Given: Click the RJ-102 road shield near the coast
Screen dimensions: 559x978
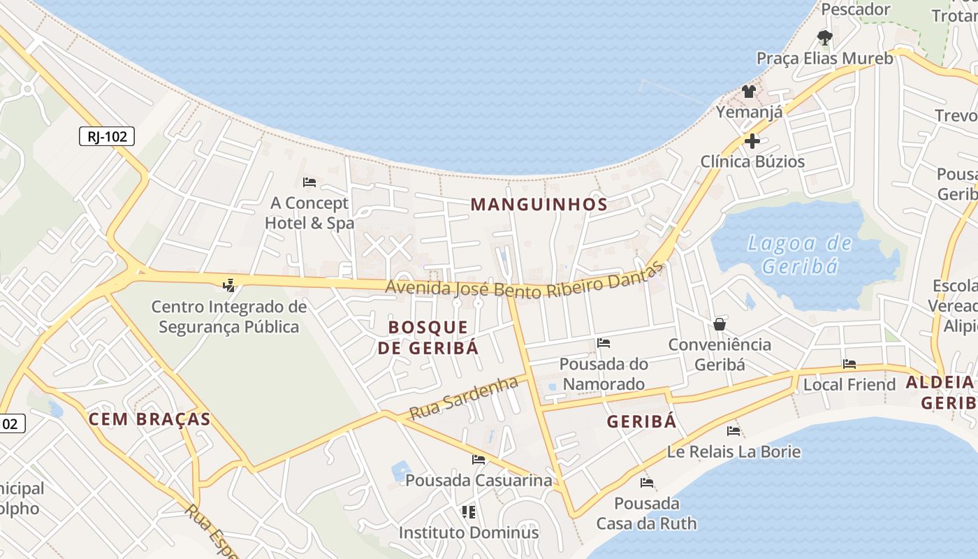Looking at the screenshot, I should coord(107,136).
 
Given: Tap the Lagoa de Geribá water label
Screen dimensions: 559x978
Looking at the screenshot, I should coord(800,254).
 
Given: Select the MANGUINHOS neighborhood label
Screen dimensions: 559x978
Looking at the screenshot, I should coord(539,204).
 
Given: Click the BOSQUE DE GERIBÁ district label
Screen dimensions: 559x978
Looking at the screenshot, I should coord(428,337).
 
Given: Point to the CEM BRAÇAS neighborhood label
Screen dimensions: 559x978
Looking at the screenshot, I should coord(149,419).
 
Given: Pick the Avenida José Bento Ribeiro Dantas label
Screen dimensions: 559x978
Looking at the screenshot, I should coord(524,281).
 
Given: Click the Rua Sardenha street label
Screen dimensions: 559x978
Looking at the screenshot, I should coord(464,398).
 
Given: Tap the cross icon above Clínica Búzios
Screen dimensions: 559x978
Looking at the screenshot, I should coord(752,141).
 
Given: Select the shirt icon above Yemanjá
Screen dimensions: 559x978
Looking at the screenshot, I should coord(749,91).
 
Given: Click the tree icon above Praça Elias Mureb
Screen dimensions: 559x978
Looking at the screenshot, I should coord(825,38).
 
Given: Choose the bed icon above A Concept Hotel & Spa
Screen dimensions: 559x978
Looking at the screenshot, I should coord(309,182).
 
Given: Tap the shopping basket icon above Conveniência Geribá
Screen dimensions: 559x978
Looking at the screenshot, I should coord(720,324).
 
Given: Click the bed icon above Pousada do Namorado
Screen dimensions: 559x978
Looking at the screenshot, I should coord(604,343).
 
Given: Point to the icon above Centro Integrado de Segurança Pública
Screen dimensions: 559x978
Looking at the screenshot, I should coord(228,285).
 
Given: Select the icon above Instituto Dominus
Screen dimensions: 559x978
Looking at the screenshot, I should coord(469,512).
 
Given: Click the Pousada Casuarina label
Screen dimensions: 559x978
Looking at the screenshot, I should coord(479,481).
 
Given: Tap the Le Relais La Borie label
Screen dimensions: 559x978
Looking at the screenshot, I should coord(733,451).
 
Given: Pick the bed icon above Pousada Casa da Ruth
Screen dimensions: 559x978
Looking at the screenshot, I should coord(647,483).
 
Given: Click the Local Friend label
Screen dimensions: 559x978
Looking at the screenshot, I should coord(849,384).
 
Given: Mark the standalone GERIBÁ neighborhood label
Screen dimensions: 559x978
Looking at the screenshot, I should coord(641,421).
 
